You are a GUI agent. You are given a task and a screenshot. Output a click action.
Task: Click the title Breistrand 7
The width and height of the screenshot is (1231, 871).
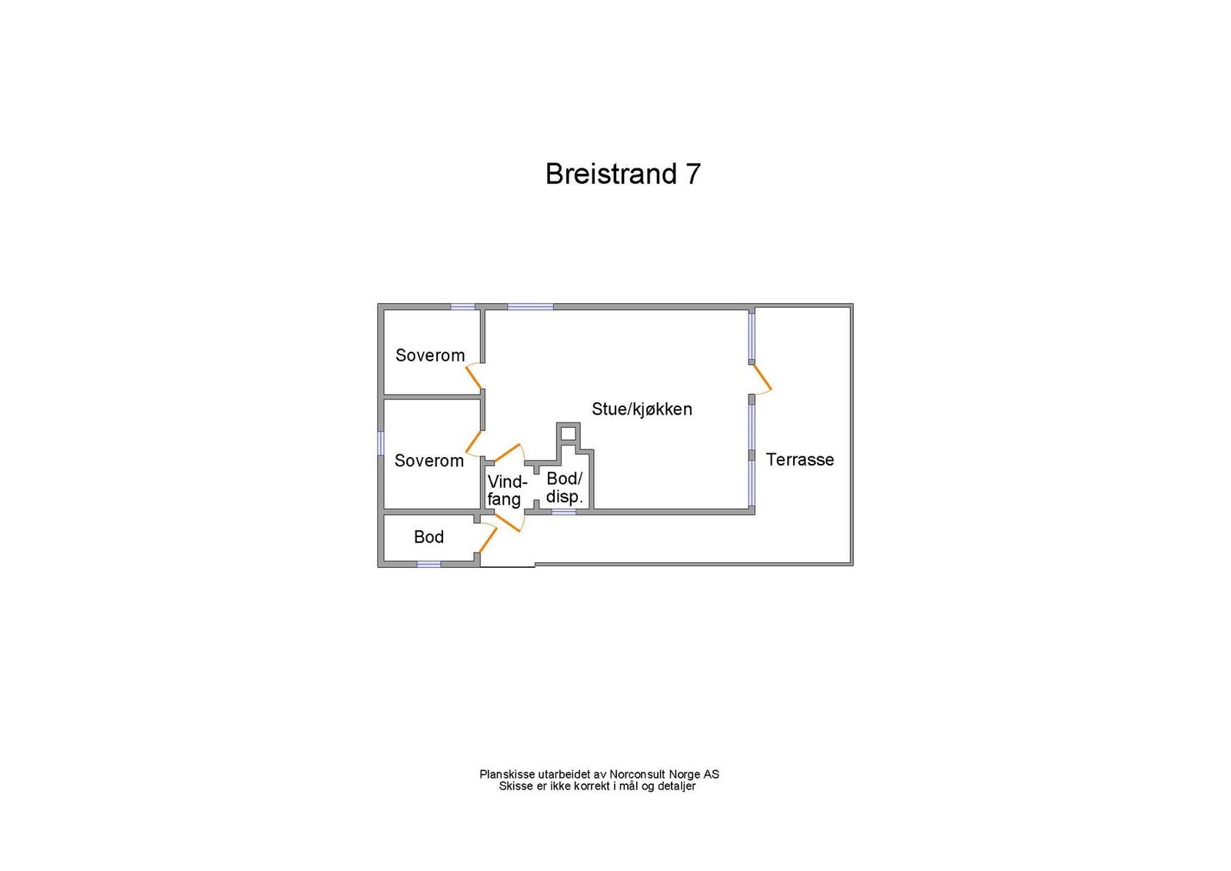point(622,174)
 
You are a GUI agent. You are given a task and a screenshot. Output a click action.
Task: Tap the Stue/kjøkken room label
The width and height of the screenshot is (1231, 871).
point(642,409)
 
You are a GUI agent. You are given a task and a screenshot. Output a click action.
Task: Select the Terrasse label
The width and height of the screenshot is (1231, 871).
point(799,459)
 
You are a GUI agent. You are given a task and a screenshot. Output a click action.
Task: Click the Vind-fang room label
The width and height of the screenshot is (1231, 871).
point(507,491)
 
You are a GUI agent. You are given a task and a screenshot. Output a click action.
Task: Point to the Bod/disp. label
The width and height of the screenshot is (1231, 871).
point(565,488)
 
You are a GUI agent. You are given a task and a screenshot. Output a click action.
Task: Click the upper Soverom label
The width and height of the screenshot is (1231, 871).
point(430,355)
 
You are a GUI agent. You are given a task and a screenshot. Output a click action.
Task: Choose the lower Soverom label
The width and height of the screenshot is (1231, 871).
point(429,460)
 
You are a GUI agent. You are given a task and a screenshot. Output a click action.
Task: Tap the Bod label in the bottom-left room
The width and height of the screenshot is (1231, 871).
point(429,537)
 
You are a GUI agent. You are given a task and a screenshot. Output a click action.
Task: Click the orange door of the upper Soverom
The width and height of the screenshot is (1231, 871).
point(474,377)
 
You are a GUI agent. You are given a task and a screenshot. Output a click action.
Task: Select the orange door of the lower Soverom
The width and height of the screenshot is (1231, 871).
point(474,442)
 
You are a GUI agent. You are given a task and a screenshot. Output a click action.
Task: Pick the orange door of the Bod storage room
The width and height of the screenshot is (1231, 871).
point(488,541)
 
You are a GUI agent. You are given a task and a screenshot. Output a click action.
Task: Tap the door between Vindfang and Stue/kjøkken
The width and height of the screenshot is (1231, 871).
point(507,452)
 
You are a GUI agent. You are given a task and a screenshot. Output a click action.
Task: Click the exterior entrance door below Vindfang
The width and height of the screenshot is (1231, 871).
point(507,522)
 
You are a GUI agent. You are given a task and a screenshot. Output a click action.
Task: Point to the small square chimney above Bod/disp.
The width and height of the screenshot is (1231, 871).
point(569,433)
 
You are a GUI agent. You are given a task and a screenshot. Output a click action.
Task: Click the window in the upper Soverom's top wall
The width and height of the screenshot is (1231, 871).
point(462,307)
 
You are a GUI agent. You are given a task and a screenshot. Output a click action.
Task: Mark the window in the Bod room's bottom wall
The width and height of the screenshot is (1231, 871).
point(429,564)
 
